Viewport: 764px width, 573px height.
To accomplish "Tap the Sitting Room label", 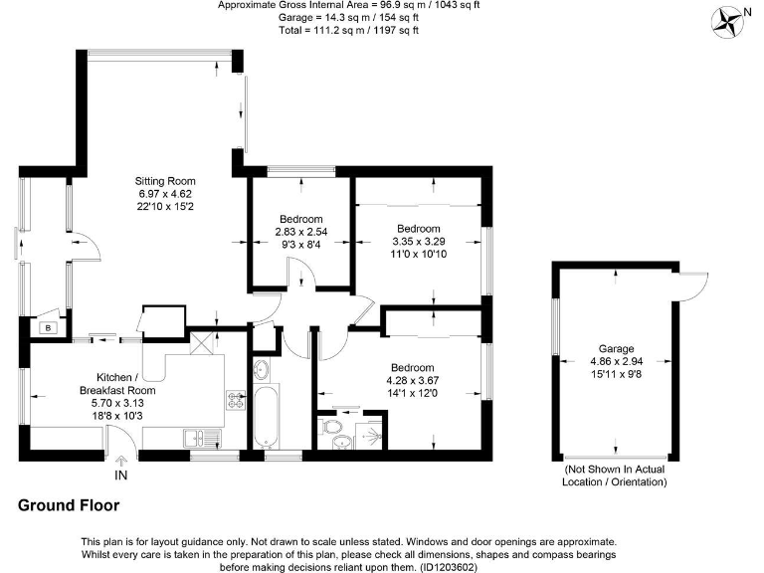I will [x=160, y=180].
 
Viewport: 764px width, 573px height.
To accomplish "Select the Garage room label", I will [x=615, y=350].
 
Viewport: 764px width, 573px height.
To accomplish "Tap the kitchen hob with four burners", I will [x=237, y=401].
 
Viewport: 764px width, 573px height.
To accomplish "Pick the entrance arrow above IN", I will [x=121, y=461].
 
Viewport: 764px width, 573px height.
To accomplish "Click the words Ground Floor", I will [x=69, y=505].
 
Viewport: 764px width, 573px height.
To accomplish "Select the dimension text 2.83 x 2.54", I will [x=300, y=232].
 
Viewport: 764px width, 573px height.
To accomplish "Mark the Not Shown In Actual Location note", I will [x=615, y=475].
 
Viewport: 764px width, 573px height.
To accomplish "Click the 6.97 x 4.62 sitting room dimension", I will [x=160, y=193].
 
